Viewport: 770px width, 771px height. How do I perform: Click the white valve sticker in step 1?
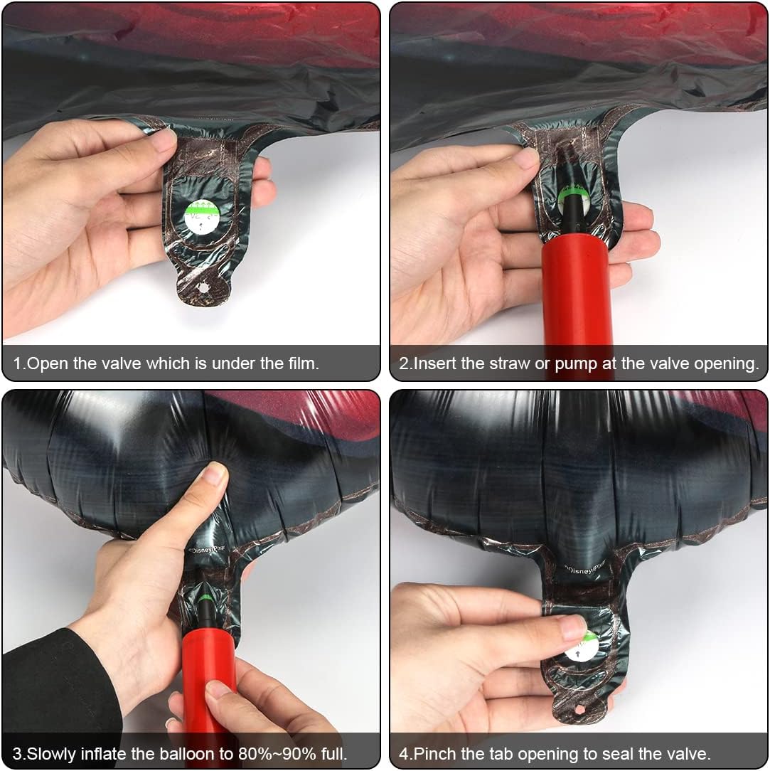click(202, 216)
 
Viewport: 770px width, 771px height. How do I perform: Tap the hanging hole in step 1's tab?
click(203, 287)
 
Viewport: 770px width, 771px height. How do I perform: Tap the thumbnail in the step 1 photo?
click(163, 139)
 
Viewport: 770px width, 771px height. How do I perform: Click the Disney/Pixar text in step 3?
click(206, 549)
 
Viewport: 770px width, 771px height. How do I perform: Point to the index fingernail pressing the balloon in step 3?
click(215, 474)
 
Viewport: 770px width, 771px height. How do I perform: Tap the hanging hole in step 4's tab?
click(580, 709)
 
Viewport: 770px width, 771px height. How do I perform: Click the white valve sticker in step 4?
click(583, 647)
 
